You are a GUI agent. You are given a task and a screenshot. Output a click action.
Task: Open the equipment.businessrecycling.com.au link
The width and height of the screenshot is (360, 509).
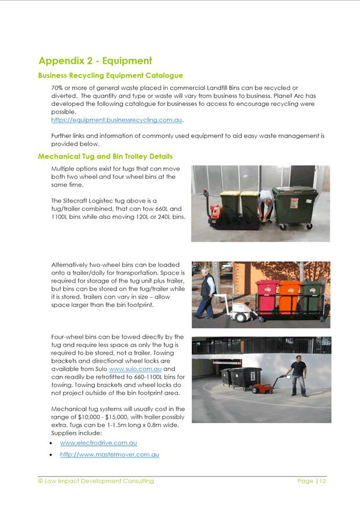coord(117,120)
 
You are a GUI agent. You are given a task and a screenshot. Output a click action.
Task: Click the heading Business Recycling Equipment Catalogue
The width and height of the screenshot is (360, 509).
coord(111,75)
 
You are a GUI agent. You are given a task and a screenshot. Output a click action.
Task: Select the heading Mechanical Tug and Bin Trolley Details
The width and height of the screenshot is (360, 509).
coord(105,156)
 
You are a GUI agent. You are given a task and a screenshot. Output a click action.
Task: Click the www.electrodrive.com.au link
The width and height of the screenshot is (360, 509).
coord(98,442)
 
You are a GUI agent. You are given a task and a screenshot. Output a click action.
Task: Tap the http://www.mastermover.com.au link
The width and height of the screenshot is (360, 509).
coord(109,455)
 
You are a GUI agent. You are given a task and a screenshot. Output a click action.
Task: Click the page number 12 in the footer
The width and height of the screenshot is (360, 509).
coord(322,481)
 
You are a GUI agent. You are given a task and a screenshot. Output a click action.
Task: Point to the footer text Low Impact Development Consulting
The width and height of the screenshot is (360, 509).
coord(99,481)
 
